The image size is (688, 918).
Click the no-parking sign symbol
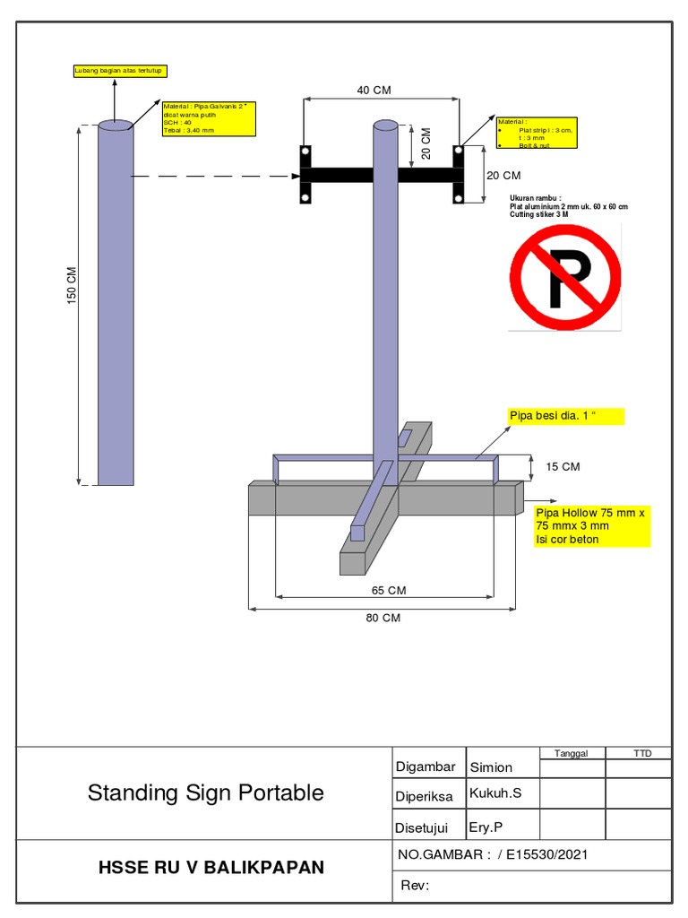564,277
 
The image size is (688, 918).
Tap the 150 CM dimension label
73,285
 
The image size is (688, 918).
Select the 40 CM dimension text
374,90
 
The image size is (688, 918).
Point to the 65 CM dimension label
389,590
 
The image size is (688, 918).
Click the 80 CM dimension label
383,618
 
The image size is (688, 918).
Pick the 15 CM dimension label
563,466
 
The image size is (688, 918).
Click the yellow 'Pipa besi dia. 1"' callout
564,416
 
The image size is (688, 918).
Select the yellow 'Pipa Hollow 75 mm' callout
591,525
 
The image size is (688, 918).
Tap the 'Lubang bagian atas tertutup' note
119,71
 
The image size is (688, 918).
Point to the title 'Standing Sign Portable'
205,792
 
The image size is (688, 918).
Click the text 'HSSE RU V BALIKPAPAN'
211,867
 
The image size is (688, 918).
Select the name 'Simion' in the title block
492,767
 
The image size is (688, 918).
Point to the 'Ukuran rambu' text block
568,206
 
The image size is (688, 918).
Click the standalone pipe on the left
116,305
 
